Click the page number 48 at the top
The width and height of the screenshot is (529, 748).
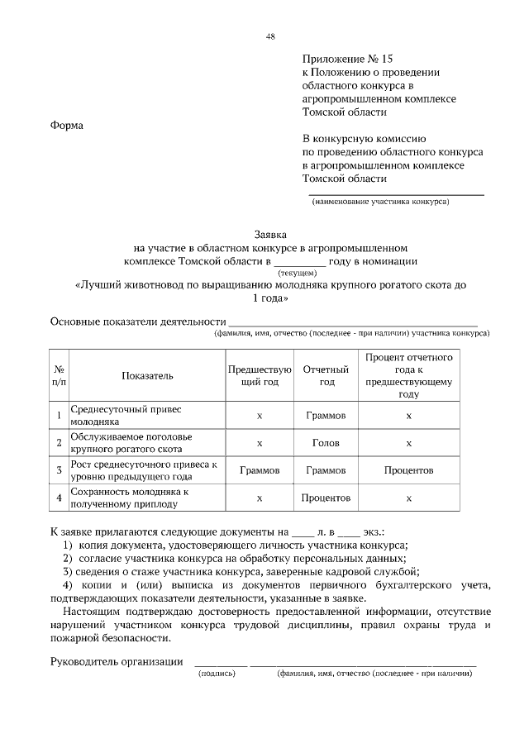click(270, 36)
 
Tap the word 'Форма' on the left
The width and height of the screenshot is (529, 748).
click(68, 126)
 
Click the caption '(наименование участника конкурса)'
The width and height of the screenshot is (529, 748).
click(380, 201)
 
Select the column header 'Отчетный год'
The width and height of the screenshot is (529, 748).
click(326, 375)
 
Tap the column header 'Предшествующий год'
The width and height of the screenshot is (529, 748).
click(260, 375)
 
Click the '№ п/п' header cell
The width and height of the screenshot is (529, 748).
click(60, 375)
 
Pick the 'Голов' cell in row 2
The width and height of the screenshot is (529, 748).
click(326, 443)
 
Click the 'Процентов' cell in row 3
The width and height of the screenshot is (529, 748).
click(408, 470)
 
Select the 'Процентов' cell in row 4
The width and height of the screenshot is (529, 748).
click(326, 498)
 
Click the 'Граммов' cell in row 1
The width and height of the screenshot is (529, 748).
click(326, 415)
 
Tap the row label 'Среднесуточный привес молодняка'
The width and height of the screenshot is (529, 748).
click(125, 415)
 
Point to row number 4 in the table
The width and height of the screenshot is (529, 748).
click(60, 498)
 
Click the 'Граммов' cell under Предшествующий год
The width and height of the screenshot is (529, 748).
click(260, 470)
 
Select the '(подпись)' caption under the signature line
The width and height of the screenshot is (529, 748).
click(218, 674)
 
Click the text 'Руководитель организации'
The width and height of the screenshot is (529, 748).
click(117, 660)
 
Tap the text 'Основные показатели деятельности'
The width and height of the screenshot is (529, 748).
click(137, 321)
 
